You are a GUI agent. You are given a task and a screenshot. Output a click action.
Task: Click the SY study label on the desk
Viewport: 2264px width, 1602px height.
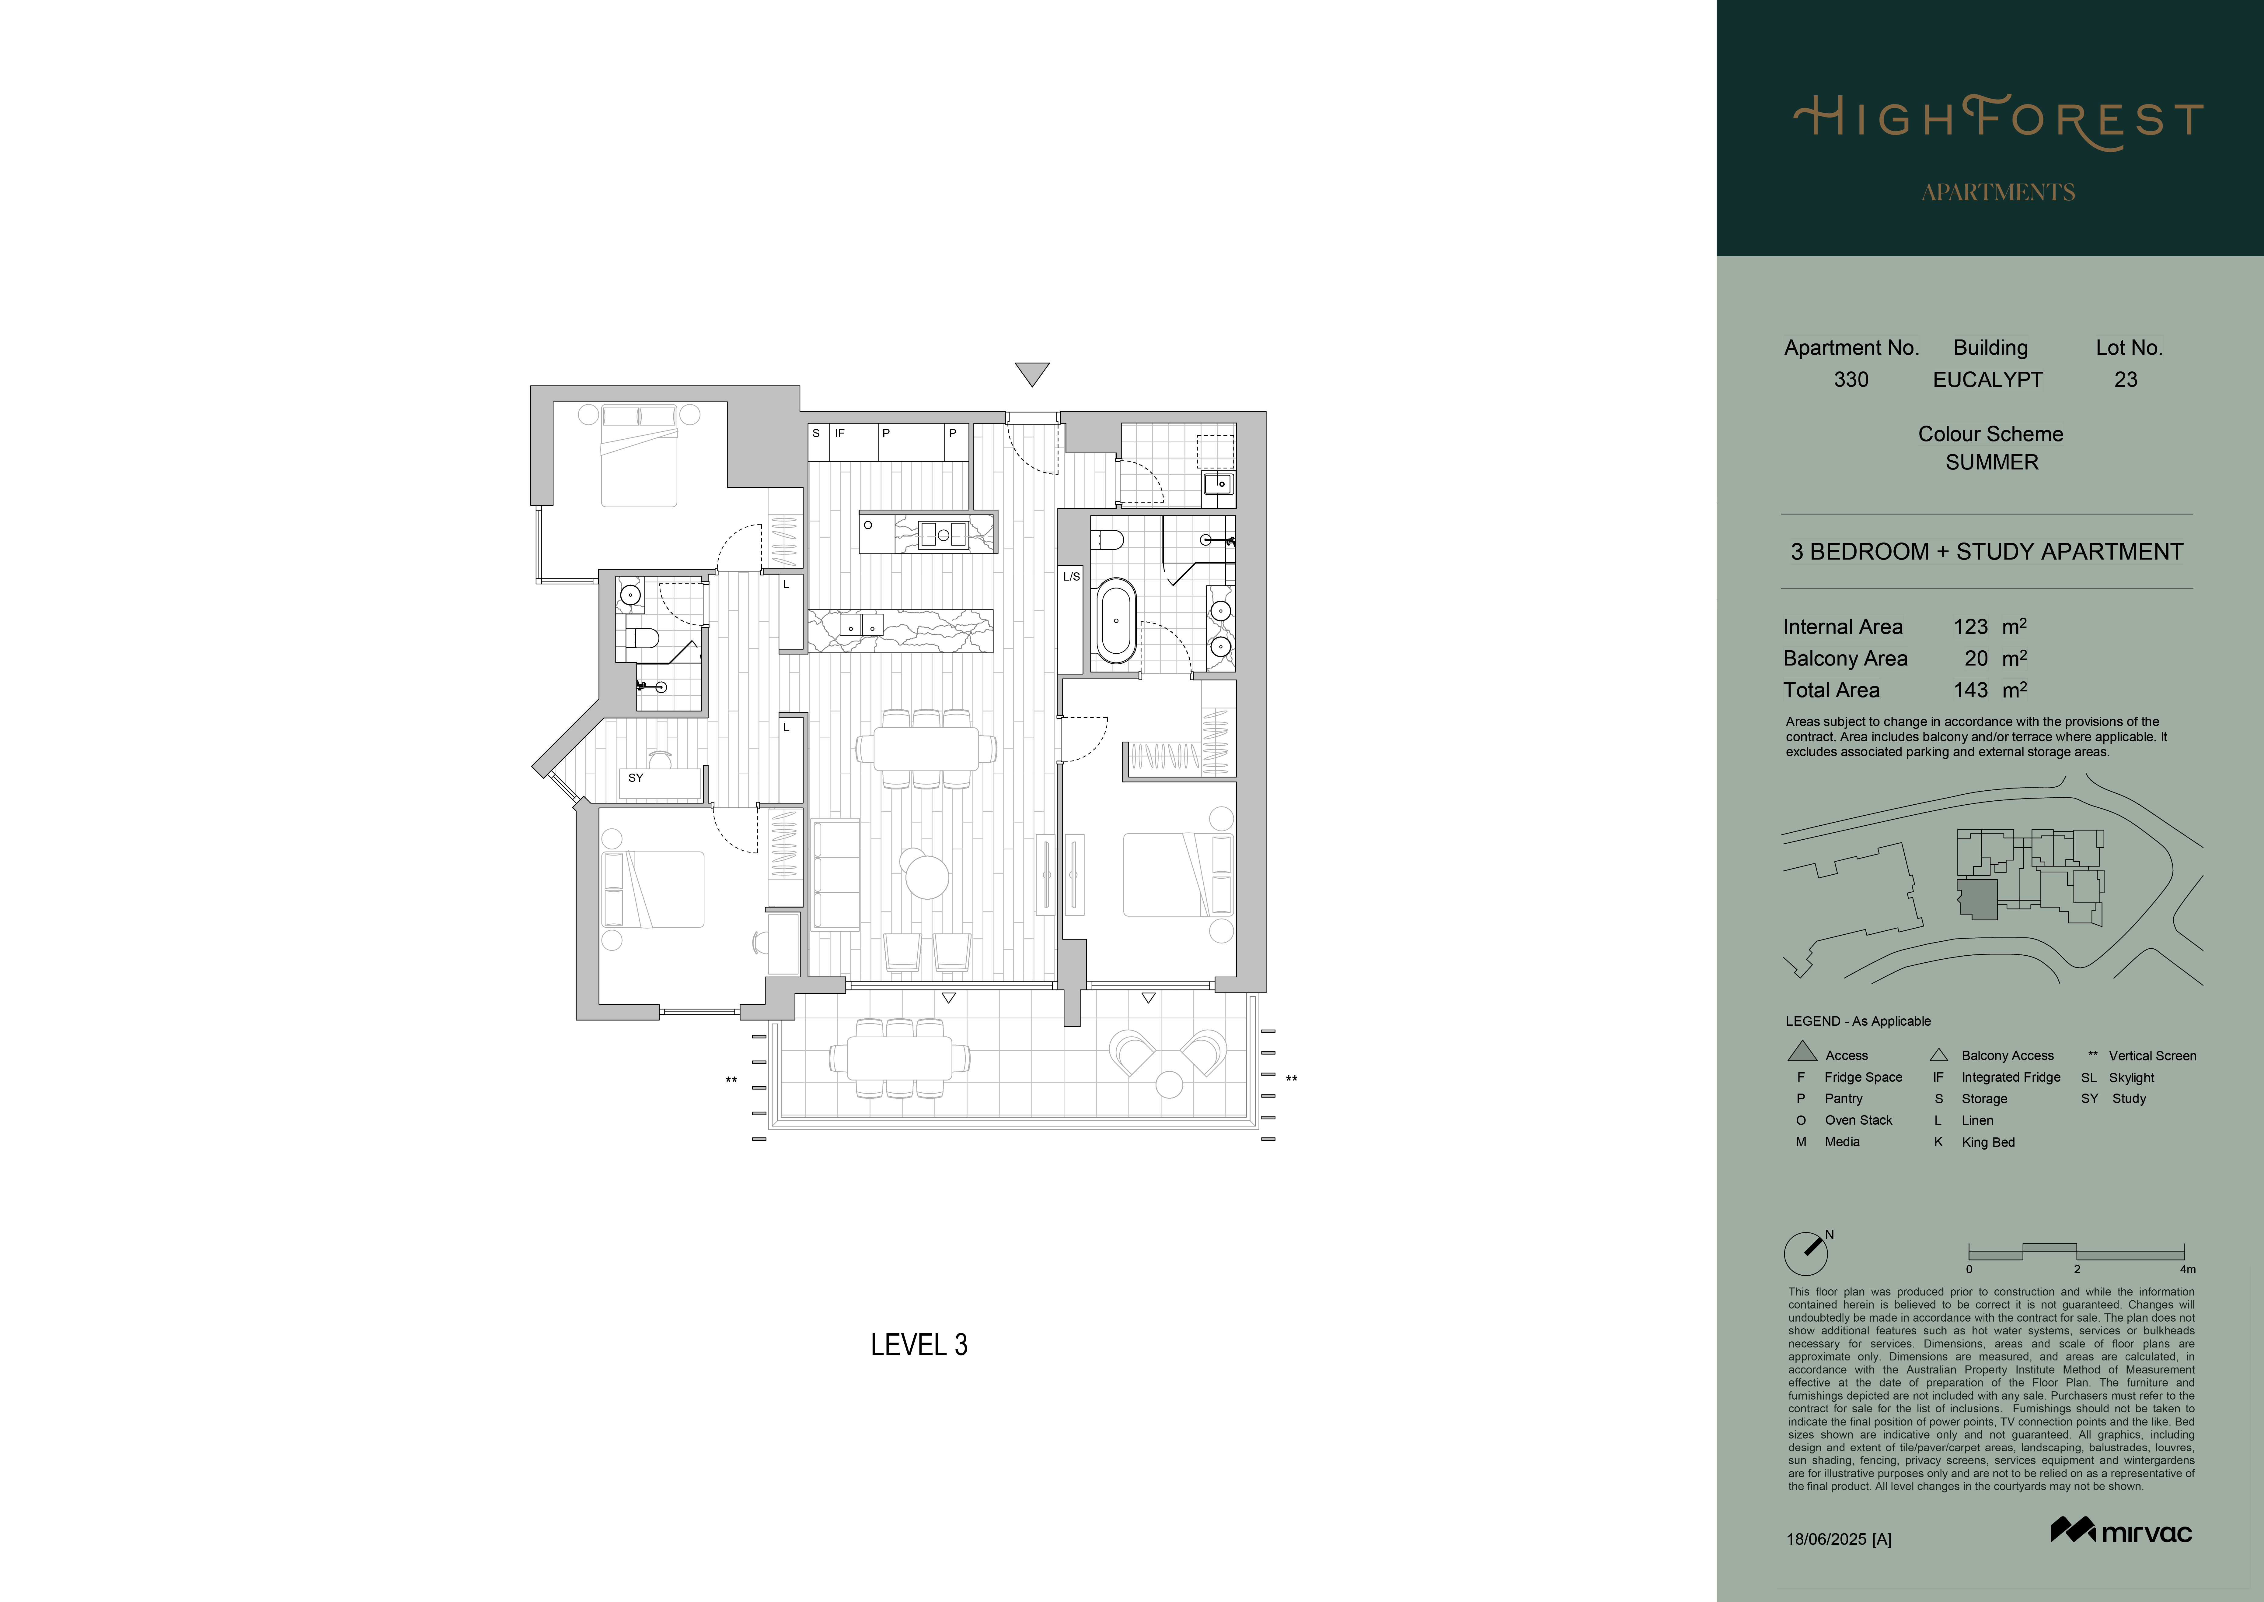pos(636,778)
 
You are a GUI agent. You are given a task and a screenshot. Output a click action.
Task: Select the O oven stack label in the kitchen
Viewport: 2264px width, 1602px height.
pos(868,525)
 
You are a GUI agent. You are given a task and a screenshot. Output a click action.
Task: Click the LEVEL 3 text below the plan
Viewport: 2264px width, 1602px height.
pos(919,1344)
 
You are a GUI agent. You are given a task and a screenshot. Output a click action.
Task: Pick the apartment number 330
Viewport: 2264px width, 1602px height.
pos(1851,380)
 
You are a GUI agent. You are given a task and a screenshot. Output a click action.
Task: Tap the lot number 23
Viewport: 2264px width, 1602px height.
pos(2126,380)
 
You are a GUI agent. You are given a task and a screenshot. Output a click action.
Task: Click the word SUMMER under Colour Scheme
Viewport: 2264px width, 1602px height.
pos(1992,462)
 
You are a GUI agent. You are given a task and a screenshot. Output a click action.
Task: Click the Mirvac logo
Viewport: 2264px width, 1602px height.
pos(2121,1531)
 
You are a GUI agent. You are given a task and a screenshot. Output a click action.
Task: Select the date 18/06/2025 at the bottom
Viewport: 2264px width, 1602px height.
pos(1826,1539)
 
